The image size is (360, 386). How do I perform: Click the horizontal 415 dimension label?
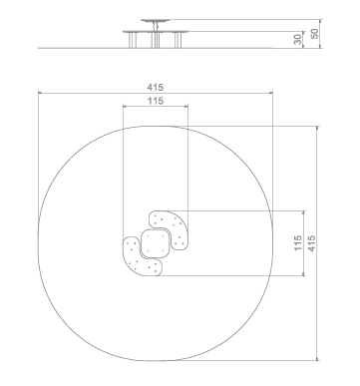point(156,88)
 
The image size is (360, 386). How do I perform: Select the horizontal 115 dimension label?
point(156,101)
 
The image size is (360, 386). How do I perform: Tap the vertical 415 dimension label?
point(311,243)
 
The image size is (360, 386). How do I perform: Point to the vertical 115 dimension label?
point(298,243)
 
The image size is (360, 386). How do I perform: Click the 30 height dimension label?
point(298,39)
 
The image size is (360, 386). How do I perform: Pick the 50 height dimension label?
point(314,34)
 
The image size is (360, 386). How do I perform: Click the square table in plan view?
point(156,243)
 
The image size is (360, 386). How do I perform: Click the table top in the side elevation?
point(156,21)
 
